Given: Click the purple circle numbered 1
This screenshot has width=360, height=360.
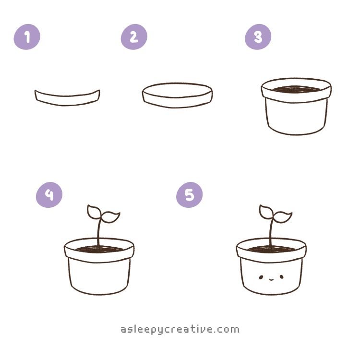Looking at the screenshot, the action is [x=27, y=37].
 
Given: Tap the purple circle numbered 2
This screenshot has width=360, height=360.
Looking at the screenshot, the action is [x=134, y=37].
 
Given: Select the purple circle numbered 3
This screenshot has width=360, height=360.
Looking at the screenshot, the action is [x=258, y=37].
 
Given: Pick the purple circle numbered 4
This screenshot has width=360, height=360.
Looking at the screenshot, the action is [x=49, y=195].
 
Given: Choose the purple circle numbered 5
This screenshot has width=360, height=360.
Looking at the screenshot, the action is [x=190, y=195].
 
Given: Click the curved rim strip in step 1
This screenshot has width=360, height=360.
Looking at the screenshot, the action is [x=67, y=100].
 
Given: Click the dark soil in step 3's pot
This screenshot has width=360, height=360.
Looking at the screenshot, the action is [x=296, y=90].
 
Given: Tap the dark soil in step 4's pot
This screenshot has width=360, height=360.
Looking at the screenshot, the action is [x=99, y=249].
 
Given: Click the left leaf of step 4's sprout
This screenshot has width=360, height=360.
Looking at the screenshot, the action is [x=94, y=212].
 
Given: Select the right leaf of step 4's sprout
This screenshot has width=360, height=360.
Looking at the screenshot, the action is [x=111, y=217].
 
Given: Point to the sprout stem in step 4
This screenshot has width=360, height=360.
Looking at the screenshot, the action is [x=99, y=232].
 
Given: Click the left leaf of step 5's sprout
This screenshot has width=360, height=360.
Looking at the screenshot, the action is [x=265, y=212].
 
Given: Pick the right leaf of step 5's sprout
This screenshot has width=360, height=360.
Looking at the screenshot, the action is [x=283, y=217].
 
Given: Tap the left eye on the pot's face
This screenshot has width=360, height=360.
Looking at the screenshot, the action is [x=261, y=277].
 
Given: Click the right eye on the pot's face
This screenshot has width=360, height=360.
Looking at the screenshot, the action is [x=281, y=277].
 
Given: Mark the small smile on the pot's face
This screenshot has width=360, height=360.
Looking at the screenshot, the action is [x=271, y=279].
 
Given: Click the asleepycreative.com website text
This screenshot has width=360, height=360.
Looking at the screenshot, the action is [x=180, y=330].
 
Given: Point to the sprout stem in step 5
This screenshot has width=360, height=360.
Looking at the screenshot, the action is [x=271, y=232].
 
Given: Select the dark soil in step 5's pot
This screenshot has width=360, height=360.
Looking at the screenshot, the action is [x=271, y=249].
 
